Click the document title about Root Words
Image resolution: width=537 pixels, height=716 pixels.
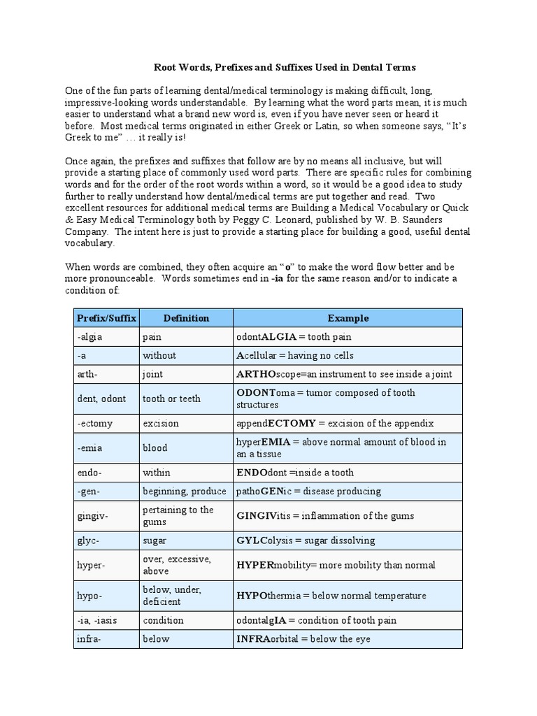tap(285, 68)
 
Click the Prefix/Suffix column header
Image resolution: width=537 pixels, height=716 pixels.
tap(106, 318)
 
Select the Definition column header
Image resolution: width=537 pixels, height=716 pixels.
tap(186, 318)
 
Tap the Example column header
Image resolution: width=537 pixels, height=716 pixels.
tap(348, 318)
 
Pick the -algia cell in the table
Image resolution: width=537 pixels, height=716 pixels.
tap(89, 337)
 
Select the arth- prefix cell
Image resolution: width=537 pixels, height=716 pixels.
tap(88, 374)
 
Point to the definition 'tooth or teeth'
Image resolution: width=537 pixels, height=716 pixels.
tap(171, 399)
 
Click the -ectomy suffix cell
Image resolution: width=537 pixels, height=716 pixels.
tap(95, 423)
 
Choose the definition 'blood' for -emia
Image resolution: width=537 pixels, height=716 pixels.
tap(155, 447)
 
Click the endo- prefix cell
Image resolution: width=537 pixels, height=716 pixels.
tap(89, 473)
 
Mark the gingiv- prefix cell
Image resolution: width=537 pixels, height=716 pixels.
tap(92, 515)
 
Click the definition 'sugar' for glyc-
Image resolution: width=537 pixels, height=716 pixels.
tap(155, 540)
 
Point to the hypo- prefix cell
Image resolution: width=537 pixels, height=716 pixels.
tap(90, 596)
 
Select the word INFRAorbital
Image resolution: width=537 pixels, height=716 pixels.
tap(269, 639)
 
